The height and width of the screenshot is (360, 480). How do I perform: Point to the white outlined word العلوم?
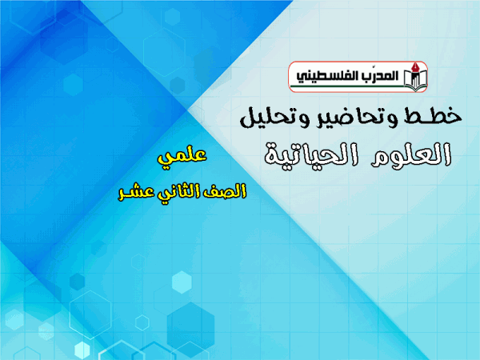click(411, 154)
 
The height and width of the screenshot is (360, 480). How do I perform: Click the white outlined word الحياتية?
click(311, 156)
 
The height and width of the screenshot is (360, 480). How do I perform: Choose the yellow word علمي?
click(182, 157)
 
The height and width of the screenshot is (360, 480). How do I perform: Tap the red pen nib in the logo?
click(415, 67)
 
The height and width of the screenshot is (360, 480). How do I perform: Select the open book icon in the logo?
click(415, 80)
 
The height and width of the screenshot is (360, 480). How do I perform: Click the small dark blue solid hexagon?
click(77, 282)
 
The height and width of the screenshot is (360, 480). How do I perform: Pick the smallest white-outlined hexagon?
click(142, 322)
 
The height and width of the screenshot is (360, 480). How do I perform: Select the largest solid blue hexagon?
click(190, 326)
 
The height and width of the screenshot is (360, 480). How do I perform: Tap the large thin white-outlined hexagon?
click(90, 314)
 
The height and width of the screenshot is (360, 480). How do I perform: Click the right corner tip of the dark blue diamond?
click(187, 110)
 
